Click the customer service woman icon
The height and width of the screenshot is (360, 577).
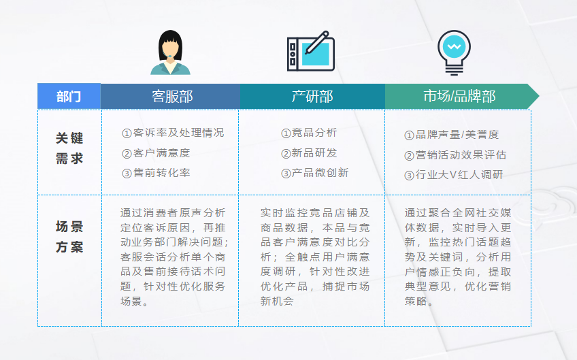170,52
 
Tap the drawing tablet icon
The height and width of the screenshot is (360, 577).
311,51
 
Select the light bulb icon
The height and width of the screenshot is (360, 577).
454,52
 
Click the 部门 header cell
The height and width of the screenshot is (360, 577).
69,97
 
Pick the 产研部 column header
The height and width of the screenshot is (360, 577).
312,97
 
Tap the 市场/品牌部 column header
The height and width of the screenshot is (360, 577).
460,97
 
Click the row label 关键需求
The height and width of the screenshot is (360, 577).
69,148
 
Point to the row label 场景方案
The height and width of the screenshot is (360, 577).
69,237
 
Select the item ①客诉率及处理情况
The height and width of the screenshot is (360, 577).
173,133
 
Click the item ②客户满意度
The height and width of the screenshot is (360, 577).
156,153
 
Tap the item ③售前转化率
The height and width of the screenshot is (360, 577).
156,173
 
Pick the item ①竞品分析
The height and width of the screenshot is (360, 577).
309,133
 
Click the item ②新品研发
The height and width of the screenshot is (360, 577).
309,153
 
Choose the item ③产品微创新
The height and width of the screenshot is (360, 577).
314,173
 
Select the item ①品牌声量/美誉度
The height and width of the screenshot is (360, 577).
452,135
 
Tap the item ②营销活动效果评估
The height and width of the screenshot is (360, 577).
455,155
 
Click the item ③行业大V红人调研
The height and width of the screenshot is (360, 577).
453,175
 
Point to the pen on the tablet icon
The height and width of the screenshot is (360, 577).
316,43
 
